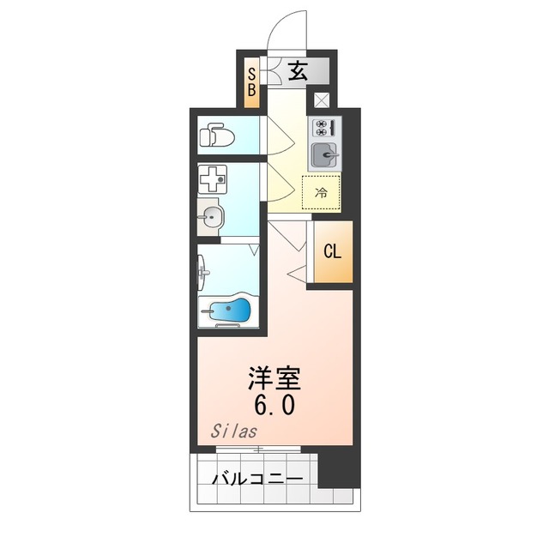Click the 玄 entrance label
click(x=297, y=73)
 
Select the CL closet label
click(x=333, y=251)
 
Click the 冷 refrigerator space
click(x=321, y=192)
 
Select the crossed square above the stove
click(x=321, y=100)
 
